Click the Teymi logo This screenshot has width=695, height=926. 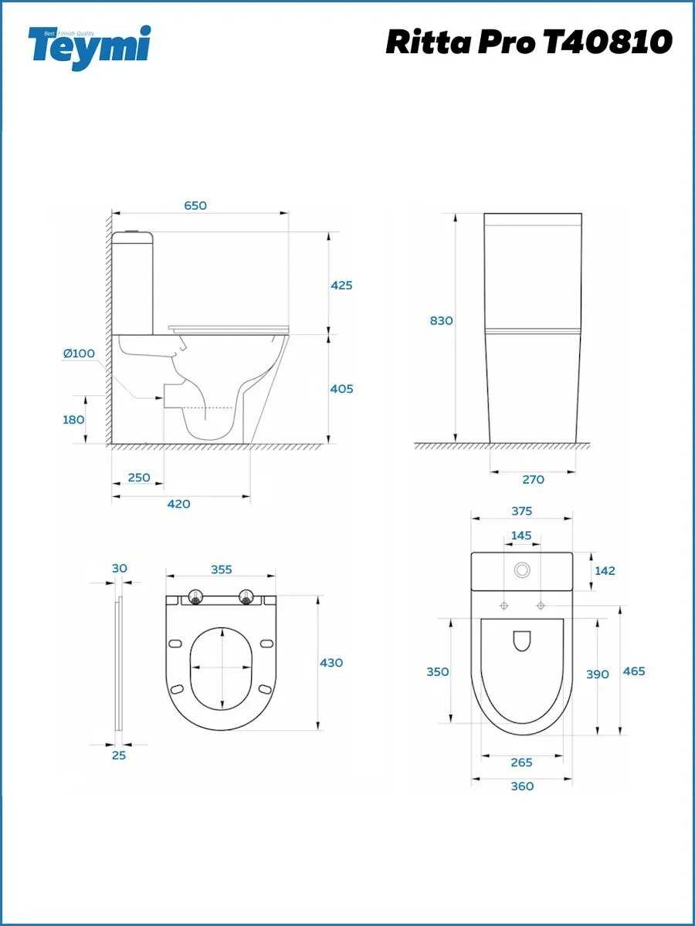click(x=90, y=48)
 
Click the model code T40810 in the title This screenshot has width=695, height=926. click(x=608, y=42)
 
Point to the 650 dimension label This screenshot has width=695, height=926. click(x=195, y=205)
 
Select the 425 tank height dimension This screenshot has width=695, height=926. click(x=341, y=286)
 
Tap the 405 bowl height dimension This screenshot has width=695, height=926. click(x=341, y=389)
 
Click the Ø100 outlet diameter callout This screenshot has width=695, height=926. click(x=79, y=353)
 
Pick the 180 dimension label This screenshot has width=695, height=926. click(x=73, y=420)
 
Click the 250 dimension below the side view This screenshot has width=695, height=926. click(x=139, y=478)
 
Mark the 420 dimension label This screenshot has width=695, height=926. click(x=179, y=504)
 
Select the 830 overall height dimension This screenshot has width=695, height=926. click(x=442, y=320)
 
